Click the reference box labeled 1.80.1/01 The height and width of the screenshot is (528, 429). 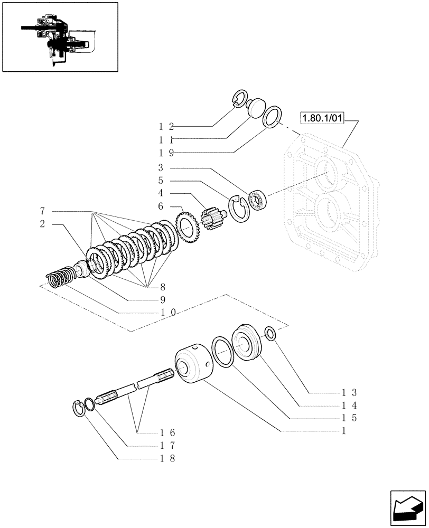point(322,118)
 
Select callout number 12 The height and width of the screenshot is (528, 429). point(165,127)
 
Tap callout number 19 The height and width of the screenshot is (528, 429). point(165,153)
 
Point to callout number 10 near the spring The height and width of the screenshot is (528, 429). point(169,313)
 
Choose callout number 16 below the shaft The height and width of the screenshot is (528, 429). point(169,432)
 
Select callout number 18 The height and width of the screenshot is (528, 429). point(169,458)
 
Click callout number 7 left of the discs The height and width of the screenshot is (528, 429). point(42,211)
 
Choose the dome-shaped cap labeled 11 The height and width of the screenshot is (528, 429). point(256,108)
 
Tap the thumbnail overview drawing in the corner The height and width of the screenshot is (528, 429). point(60,36)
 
